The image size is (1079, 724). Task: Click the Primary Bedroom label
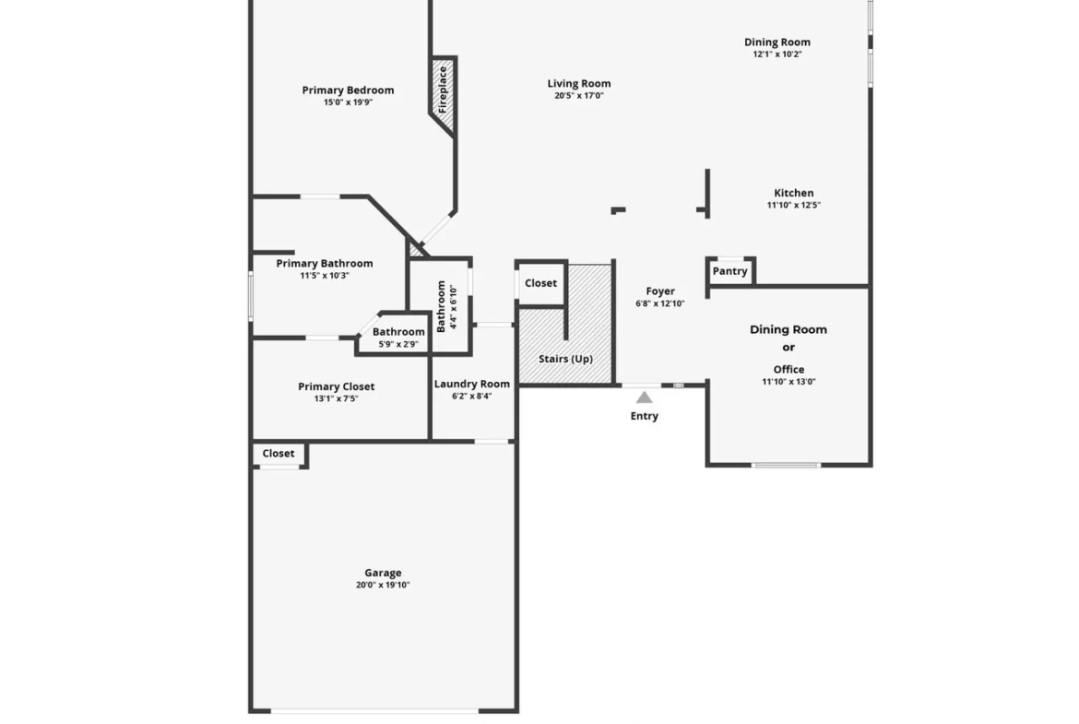coord(349,90)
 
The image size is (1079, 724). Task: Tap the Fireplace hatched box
coord(444,93)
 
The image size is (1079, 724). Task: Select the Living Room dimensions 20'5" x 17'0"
coord(579,96)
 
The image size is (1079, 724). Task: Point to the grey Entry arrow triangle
coord(644,398)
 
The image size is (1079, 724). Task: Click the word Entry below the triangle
coord(644,416)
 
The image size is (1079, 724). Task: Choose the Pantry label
coord(730,271)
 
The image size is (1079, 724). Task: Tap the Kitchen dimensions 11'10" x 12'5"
coord(794,205)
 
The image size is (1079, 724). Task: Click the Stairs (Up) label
coord(565,359)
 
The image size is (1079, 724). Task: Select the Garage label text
coord(384,573)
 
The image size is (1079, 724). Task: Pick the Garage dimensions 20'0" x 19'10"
coord(384,585)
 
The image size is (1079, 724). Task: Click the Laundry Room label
coord(472,384)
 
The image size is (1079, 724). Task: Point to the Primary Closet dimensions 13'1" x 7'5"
coord(337,398)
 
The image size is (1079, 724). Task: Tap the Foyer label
coord(660,291)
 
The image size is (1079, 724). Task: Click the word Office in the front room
coord(788,369)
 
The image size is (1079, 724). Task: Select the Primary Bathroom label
coord(325,264)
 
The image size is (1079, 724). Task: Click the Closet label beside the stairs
coord(540,283)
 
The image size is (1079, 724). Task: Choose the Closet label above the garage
coord(279,453)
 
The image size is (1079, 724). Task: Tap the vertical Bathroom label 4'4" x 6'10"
coord(446,306)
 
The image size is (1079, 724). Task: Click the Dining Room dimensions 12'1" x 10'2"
coord(777,54)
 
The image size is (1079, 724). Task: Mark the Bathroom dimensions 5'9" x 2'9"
coord(398,344)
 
